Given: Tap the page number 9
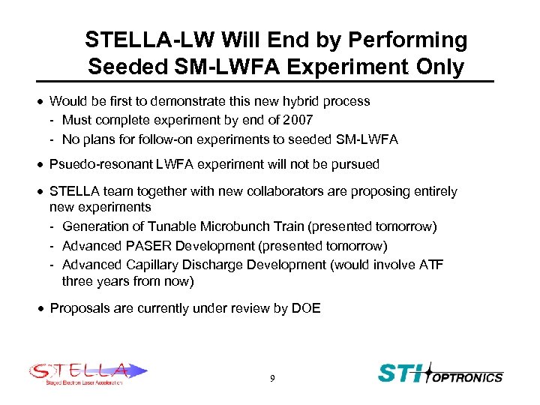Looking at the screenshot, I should [272, 379].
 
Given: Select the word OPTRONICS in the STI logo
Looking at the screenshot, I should [469, 377].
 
